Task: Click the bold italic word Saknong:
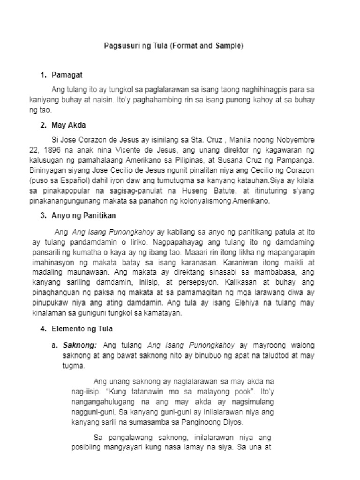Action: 80,345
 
